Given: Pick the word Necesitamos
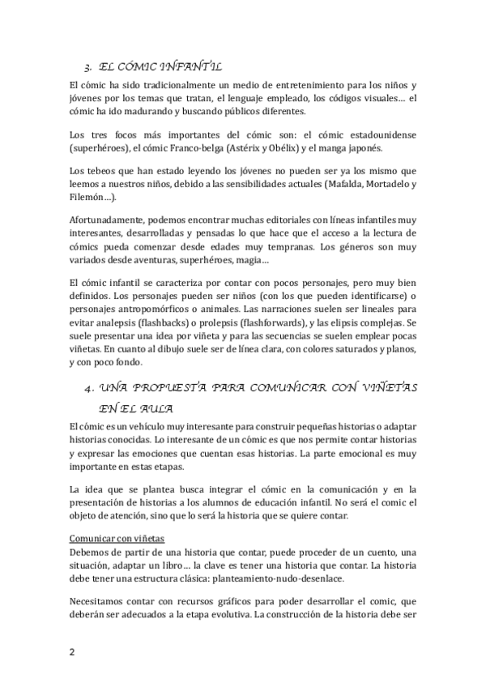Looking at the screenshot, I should tap(102, 600).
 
